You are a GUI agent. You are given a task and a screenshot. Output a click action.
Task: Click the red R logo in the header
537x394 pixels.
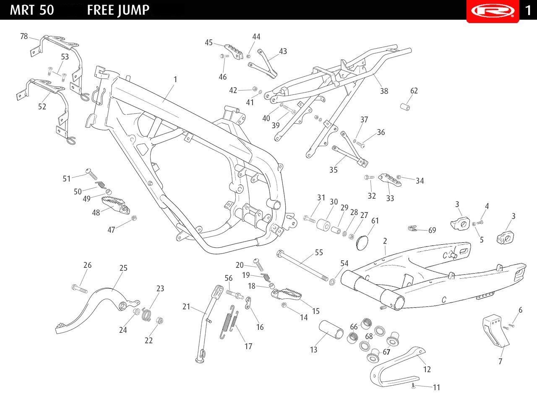coord(492,10)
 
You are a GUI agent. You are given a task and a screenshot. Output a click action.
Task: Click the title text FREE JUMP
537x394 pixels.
coord(118,10)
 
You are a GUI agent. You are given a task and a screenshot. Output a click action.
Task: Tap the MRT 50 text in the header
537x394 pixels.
coord(32,10)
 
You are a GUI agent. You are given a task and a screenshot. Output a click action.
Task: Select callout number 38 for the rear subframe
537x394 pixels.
coord(384,91)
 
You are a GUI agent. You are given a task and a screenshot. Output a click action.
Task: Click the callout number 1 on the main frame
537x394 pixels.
coord(175,79)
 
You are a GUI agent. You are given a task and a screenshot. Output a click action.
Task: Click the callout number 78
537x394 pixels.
coord(24,36)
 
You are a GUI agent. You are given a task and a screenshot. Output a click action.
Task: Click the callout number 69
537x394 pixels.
coord(432,230)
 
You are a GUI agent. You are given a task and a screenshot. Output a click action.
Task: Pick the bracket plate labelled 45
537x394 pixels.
coord(233,51)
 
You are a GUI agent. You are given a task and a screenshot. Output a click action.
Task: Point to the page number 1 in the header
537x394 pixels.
coord(528,10)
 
